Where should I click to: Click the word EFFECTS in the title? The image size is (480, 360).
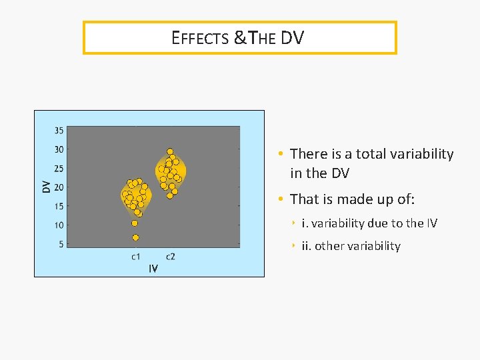point(200,38)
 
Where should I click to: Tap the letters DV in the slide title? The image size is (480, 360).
point(291,38)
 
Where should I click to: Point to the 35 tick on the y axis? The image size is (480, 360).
point(59,130)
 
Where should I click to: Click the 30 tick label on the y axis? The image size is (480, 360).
point(59,149)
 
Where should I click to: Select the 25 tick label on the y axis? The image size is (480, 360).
point(59,169)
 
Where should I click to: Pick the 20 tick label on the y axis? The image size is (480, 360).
point(59,187)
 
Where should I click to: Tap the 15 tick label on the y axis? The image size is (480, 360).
point(59,207)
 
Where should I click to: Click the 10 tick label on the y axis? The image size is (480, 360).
point(59,225)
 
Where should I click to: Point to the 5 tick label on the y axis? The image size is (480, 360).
point(61,245)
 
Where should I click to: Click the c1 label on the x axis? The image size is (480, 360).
point(135,257)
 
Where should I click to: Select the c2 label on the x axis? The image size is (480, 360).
point(171,257)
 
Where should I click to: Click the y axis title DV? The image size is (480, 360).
point(46,187)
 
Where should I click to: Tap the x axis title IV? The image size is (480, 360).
point(153,269)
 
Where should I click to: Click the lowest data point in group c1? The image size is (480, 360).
point(135,237)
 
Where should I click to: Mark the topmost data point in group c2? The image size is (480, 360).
point(170,151)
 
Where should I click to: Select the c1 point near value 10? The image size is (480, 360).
point(135,223)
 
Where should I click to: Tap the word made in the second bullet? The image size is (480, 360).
point(359,199)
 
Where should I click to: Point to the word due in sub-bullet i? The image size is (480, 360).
point(379,223)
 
